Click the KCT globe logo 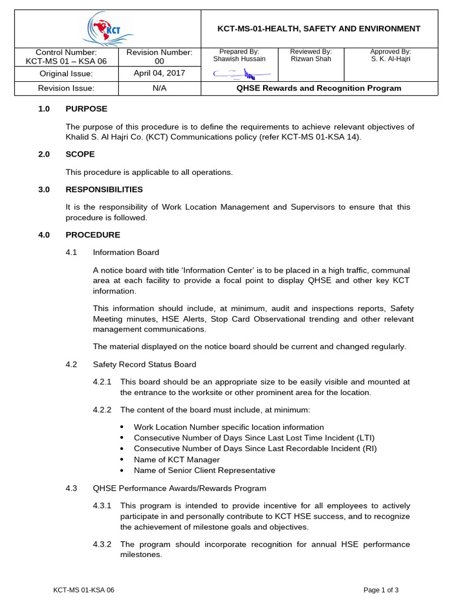[107, 29]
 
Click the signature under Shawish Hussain [241, 74]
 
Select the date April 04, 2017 [159, 73]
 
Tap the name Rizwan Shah [311, 59]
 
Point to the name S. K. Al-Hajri [390, 59]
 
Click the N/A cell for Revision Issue [159, 88]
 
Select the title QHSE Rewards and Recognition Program [318, 88]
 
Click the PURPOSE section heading [86, 109]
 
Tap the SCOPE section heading [80, 154]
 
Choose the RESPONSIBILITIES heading [104, 190]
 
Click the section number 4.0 [44, 235]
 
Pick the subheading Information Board [126, 253]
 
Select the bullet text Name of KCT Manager [177, 459]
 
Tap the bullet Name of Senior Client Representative [204, 471]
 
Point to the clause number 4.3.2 [103, 544]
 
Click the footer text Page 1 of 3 [381, 589]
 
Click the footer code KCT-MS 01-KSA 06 [84, 589]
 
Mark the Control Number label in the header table [66, 52]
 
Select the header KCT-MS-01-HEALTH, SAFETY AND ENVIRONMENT [319, 29]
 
